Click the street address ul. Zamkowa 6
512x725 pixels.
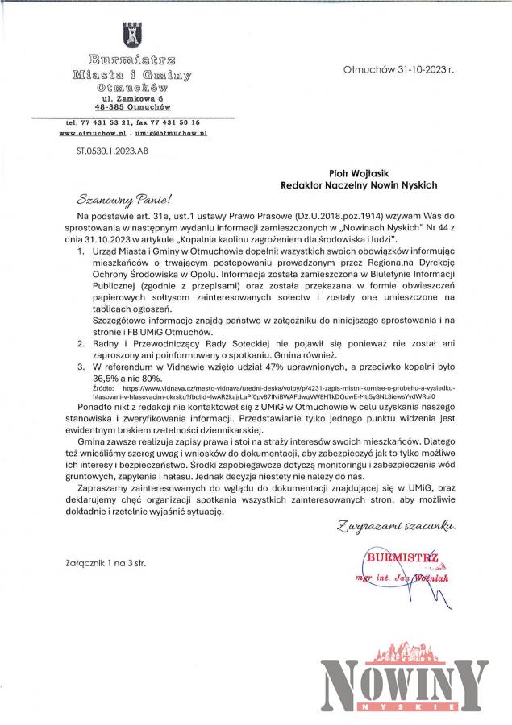pyautogui.click(x=131, y=97)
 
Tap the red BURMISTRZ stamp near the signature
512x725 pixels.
pyautogui.click(x=402, y=555)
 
